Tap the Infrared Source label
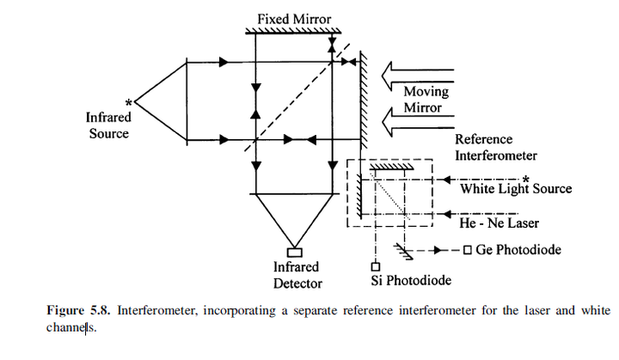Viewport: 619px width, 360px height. pos(107,125)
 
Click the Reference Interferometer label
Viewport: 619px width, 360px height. pos(495,147)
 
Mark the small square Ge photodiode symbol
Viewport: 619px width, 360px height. pos(467,250)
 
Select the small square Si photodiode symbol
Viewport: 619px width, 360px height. pos(375,265)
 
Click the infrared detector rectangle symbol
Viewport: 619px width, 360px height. pos(295,252)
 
